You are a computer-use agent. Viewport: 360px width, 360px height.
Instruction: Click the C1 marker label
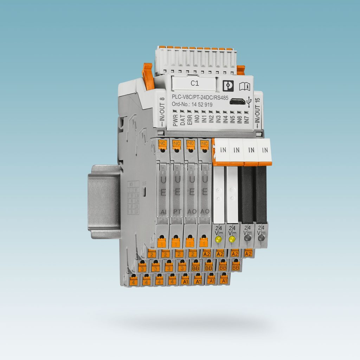pos(194,83)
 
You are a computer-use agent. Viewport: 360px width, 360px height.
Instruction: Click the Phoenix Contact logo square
pos(229,84)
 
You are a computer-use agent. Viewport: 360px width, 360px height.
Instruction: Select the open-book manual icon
pos(244,85)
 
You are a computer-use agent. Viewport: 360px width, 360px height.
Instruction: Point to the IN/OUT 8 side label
pos(162,110)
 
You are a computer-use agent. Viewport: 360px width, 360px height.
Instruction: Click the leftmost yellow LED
pos(218,240)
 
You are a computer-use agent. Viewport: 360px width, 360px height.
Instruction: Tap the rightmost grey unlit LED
pos(261,238)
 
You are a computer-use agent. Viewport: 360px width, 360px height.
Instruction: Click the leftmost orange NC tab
pos(162,143)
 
